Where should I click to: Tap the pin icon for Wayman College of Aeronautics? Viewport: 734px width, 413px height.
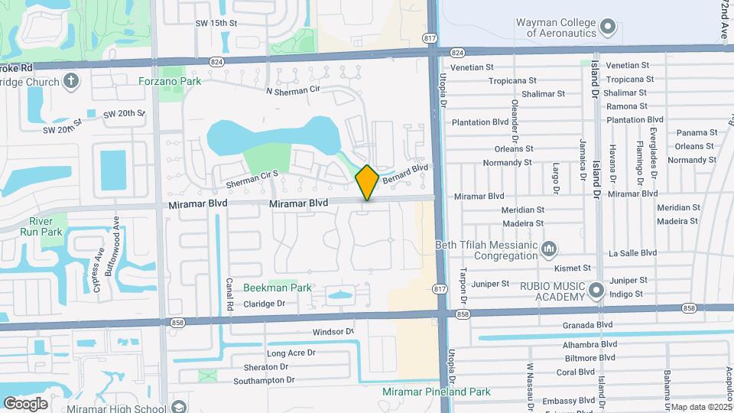pos(608,28)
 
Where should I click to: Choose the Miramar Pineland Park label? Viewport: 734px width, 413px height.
pos(436,392)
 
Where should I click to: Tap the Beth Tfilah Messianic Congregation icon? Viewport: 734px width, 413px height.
pos(548,249)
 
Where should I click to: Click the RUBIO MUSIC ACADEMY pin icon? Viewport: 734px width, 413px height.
pos(597,291)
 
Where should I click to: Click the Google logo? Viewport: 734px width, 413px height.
pos(25,403)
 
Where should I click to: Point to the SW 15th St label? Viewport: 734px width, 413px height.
pos(216,24)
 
